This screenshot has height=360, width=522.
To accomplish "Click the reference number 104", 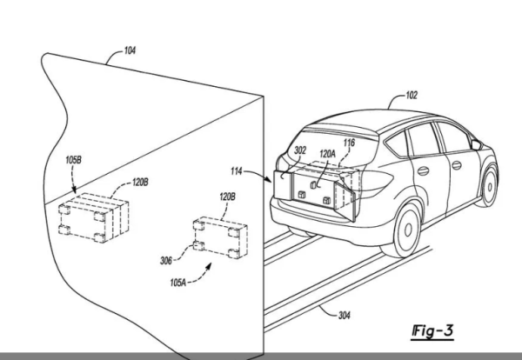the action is click(130, 50).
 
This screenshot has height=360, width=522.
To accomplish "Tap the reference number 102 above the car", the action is click(412, 96).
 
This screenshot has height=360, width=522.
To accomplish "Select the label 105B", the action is click(73, 160).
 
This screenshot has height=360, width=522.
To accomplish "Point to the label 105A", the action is click(178, 283).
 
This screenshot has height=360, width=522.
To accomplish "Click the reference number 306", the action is click(166, 261).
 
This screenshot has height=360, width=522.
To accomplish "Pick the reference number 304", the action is click(345, 315).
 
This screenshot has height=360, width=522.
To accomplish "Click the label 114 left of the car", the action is click(237, 171).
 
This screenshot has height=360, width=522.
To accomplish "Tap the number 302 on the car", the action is click(300, 150).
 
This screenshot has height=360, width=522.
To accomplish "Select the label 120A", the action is click(328, 154).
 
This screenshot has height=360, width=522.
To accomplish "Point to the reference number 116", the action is click(349, 143).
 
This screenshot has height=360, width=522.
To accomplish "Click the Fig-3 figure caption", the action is click(432, 331).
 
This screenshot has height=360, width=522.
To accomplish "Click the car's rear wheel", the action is click(406, 230).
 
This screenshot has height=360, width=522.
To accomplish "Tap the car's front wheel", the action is click(489, 186).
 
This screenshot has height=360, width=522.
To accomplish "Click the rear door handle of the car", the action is click(423, 171).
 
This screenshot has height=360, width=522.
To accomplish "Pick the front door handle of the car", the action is click(457, 165).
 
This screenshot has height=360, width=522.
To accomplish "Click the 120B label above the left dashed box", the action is click(140, 183).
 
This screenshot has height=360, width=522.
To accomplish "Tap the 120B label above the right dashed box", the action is click(227, 197).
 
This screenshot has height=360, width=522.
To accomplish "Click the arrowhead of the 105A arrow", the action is click(209, 266).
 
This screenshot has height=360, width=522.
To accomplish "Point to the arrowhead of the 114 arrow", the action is click(269, 180).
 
